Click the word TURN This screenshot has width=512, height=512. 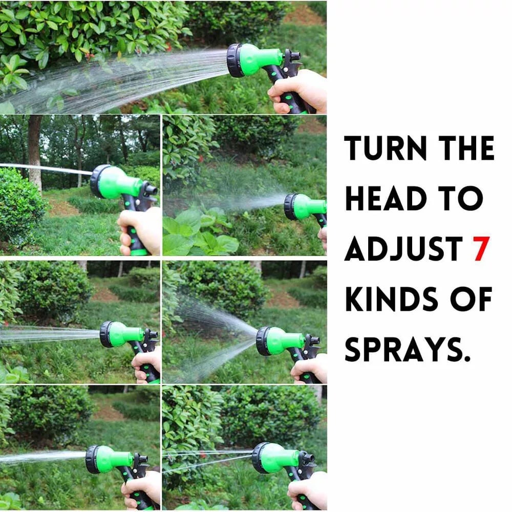pos(386,148)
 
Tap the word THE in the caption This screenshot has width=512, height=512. pos(466,148)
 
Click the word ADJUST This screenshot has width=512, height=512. pos(403,248)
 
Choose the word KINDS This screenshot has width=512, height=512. pos(392,299)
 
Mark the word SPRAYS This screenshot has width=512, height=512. pos(403,349)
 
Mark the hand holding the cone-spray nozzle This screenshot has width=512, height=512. pos(309,369)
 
